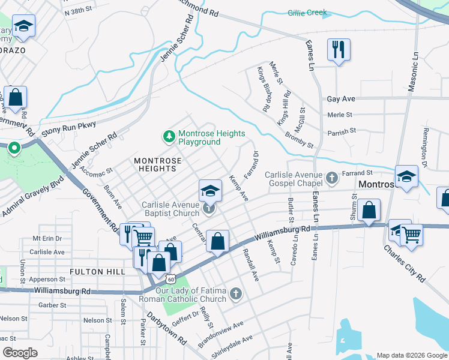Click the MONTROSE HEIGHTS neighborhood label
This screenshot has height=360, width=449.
pos(155,164)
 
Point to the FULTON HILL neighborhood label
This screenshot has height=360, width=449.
pos(97,272)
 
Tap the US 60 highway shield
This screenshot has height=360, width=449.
pos(172,279)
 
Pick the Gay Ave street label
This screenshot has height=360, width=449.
pos(341,98)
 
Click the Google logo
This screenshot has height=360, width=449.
pos(20,353)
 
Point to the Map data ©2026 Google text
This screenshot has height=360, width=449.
pos(411,355)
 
